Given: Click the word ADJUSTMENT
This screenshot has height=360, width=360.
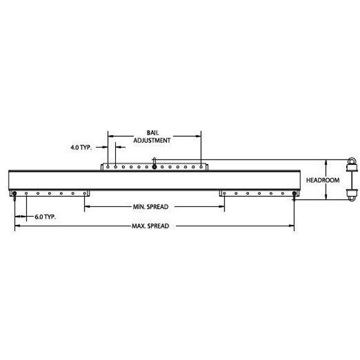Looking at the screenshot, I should pos(154,139).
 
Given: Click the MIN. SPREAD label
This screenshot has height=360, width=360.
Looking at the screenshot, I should pos(150,206).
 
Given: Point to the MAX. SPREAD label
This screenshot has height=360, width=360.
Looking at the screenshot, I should pos(150,227).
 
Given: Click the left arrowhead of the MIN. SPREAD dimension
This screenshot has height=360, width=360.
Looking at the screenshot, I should pos(87,206).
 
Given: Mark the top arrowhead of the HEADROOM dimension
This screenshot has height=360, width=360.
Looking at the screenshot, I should pos(326,161).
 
